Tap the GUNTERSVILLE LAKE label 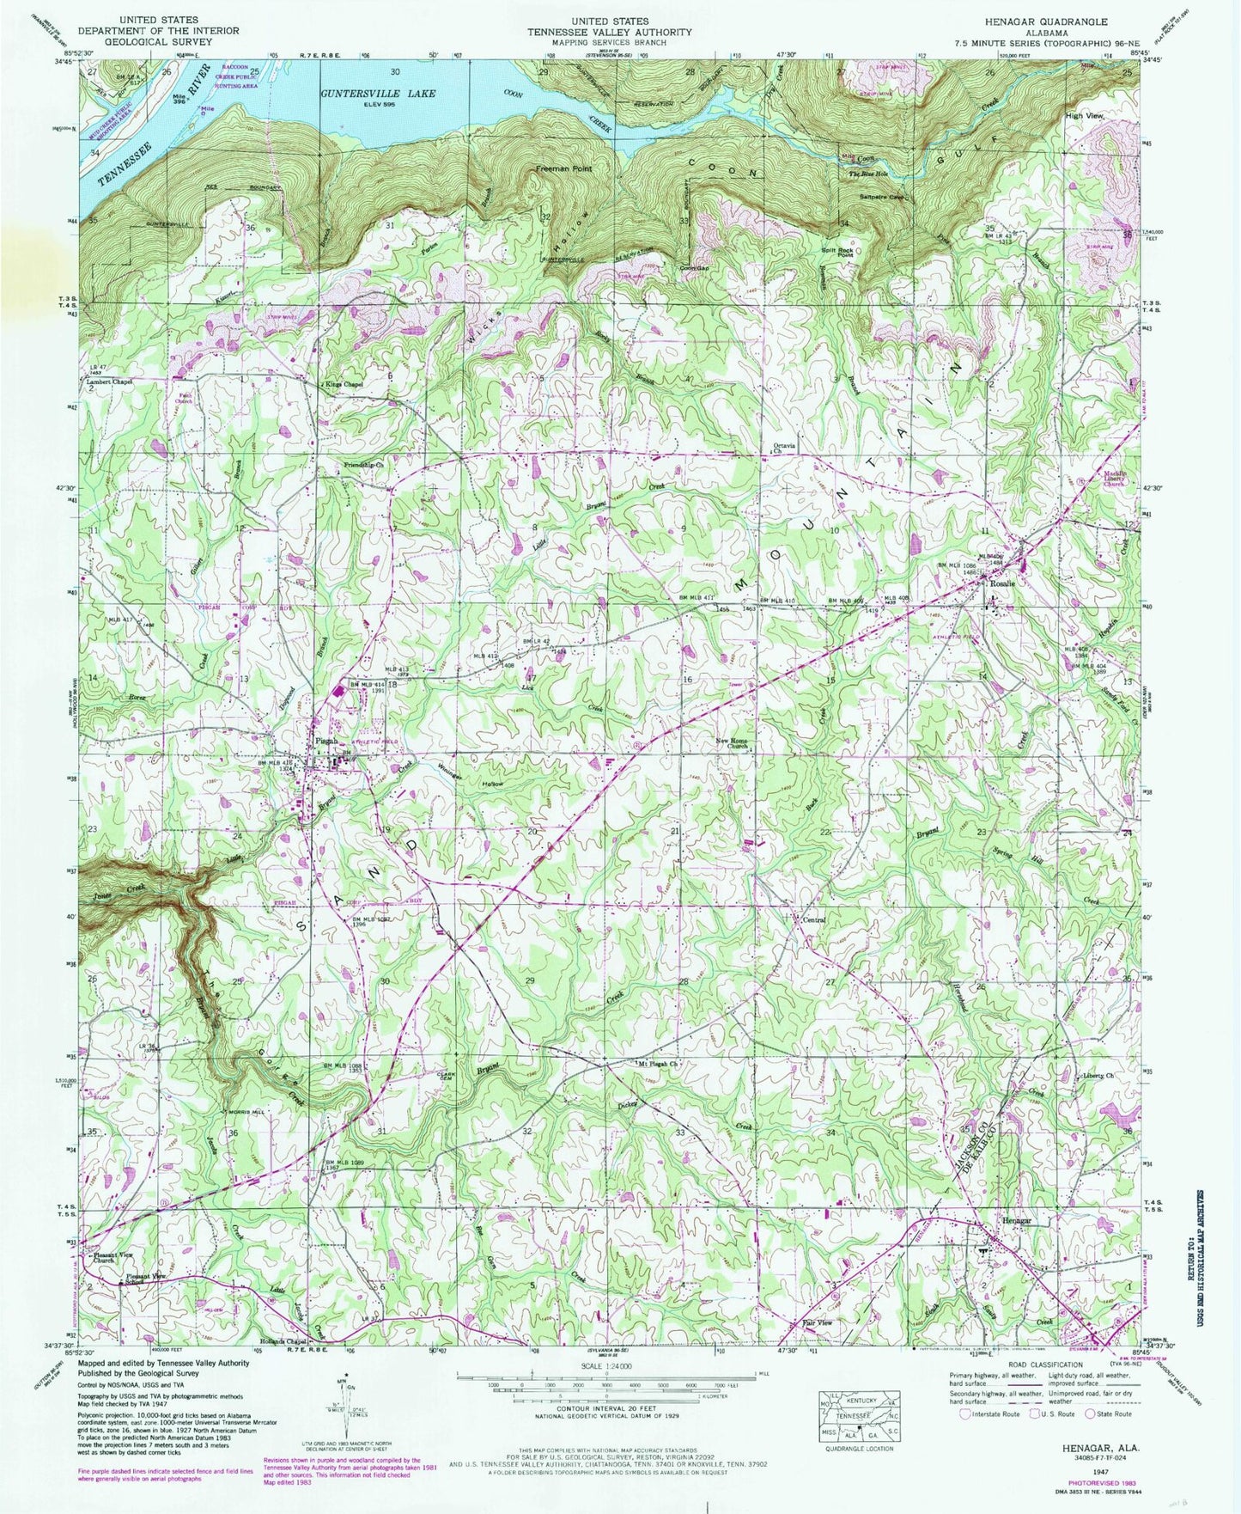pos(379,93)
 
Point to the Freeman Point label pos(564,168)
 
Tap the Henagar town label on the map pos(1013,1221)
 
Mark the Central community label pos(813,919)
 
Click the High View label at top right pos(1084,115)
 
